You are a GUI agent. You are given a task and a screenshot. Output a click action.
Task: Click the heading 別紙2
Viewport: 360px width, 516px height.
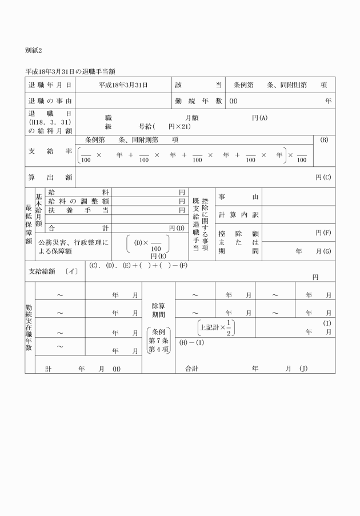[34, 51]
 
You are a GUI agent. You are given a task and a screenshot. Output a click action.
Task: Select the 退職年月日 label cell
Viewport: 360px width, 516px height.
[50, 85]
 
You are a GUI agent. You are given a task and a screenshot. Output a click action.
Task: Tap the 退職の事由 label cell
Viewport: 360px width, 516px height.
[50, 101]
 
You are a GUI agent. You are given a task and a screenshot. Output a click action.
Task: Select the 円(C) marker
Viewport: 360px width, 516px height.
[323, 177]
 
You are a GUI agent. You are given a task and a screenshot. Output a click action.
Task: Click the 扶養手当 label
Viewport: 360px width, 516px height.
[79, 210]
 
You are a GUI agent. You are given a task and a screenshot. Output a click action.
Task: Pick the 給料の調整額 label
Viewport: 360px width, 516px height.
[79, 201]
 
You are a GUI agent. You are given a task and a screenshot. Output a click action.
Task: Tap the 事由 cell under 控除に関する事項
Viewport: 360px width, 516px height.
[238, 197]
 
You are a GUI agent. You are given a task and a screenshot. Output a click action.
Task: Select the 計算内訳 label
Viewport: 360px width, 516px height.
[238, 214]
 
